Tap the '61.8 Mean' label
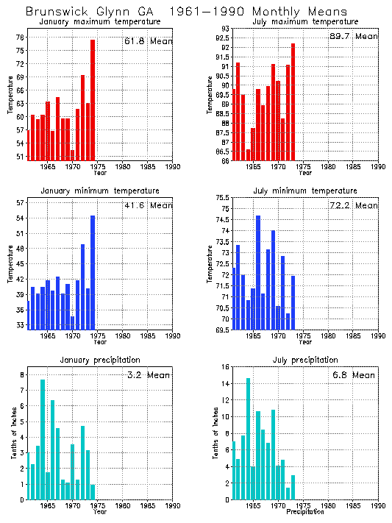148,42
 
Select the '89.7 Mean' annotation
354,36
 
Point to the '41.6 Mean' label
148,205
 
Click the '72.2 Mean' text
354,205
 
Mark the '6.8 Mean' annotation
354,374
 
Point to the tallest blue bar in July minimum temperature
258,272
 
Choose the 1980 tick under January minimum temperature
122,336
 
